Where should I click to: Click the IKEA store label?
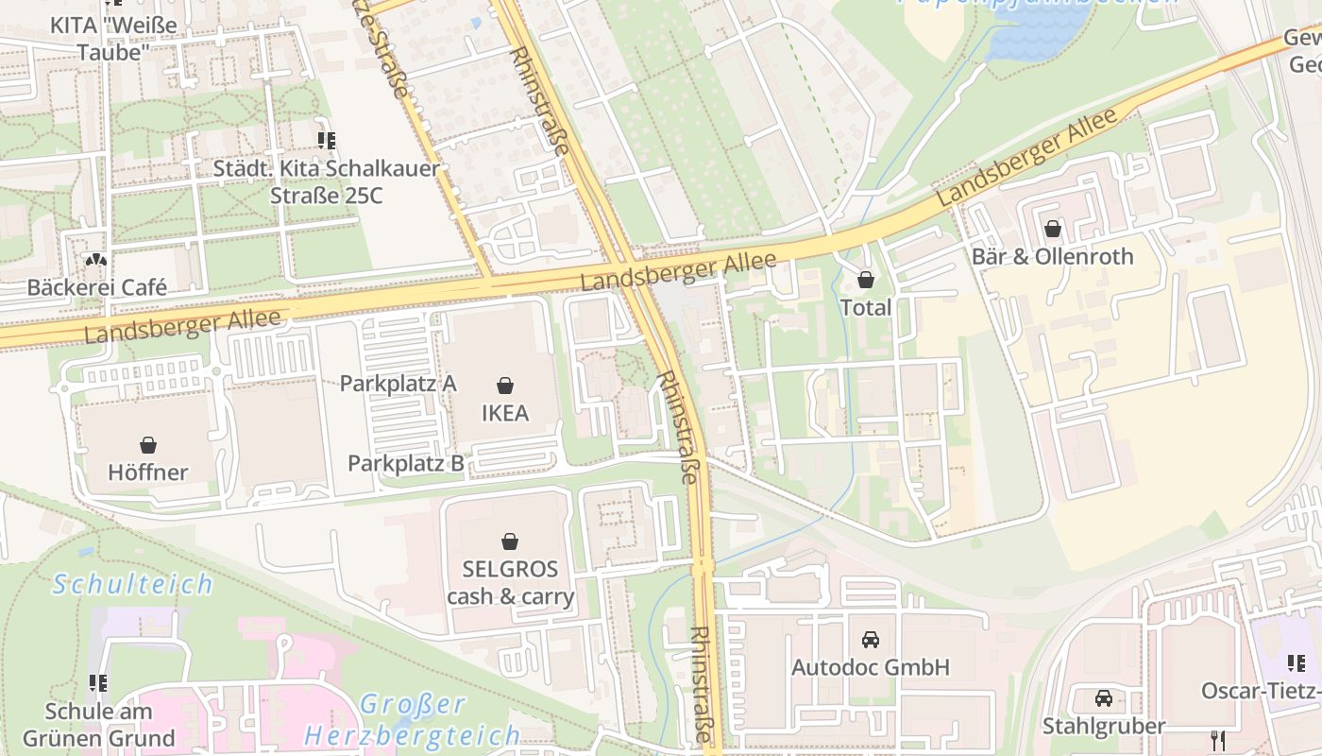click(x=505, y=413)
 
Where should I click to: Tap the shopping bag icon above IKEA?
click(x=505, y=386)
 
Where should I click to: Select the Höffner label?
click(x=148, y=472)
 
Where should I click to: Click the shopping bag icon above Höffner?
click(x=148, y=445)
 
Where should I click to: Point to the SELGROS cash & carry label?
click(x=510, y=583)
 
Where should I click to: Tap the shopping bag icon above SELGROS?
click(x=510, y=541)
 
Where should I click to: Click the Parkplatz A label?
click(x=398, y=383)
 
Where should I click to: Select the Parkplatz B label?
click(x=406, y=463)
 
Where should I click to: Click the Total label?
click(x=865, y=307)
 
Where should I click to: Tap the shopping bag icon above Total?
click(x=865, y=280)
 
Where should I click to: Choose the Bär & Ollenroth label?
click(x=1053, y=256)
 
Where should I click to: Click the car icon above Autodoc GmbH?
click(x=871, y=640)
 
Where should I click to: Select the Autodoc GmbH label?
click(x=871, y=667)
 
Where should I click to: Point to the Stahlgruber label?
click(x=1104, y=726)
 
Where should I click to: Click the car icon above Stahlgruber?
click(x=1103, y=698)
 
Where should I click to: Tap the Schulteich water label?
click(x=133, y=584)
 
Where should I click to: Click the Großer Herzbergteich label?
click(x=413, y=720)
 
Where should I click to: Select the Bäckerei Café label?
click(x=97, y=286)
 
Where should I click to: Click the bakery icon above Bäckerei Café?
click(x=96, y=260)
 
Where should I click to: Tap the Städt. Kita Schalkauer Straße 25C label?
click(x=326, y=182)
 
